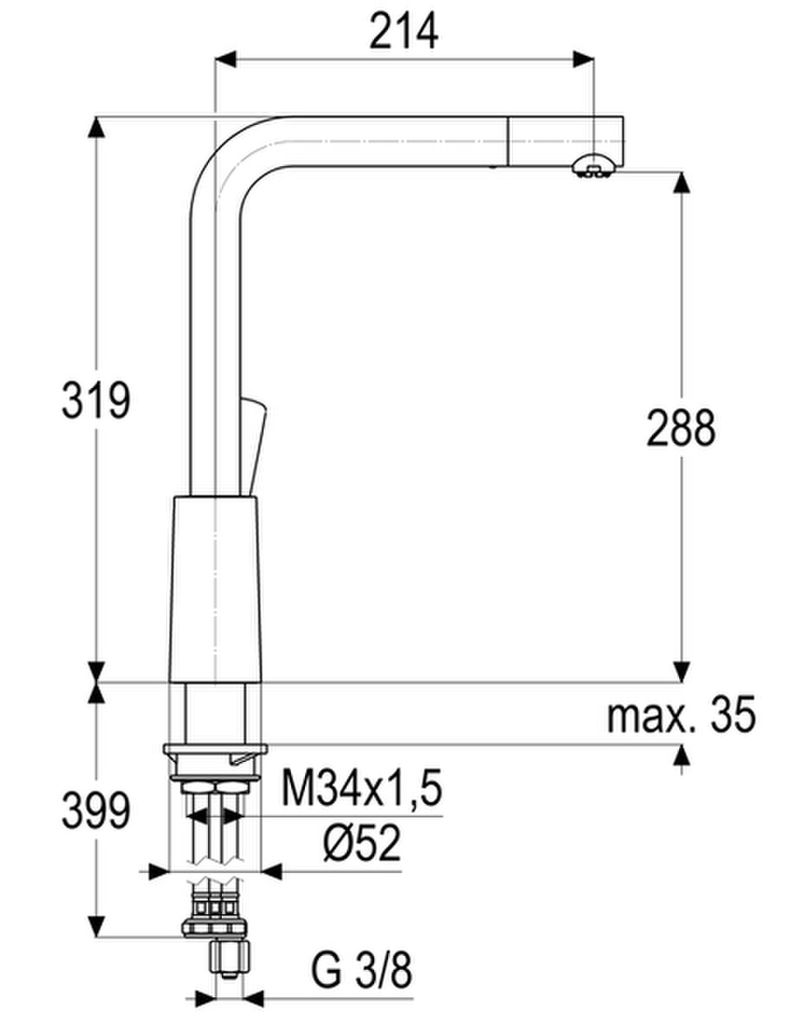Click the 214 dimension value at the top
[x=403, y=32]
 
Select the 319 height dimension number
[x=95, y=400]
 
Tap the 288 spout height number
[x=681, y=428]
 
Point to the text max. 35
[x=681, y=714]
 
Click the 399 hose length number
[x=95, y=810]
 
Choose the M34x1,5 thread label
[x=362, y=787]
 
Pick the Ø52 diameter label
[x=362, y=842]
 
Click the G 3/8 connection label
[x=362, y=971]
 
